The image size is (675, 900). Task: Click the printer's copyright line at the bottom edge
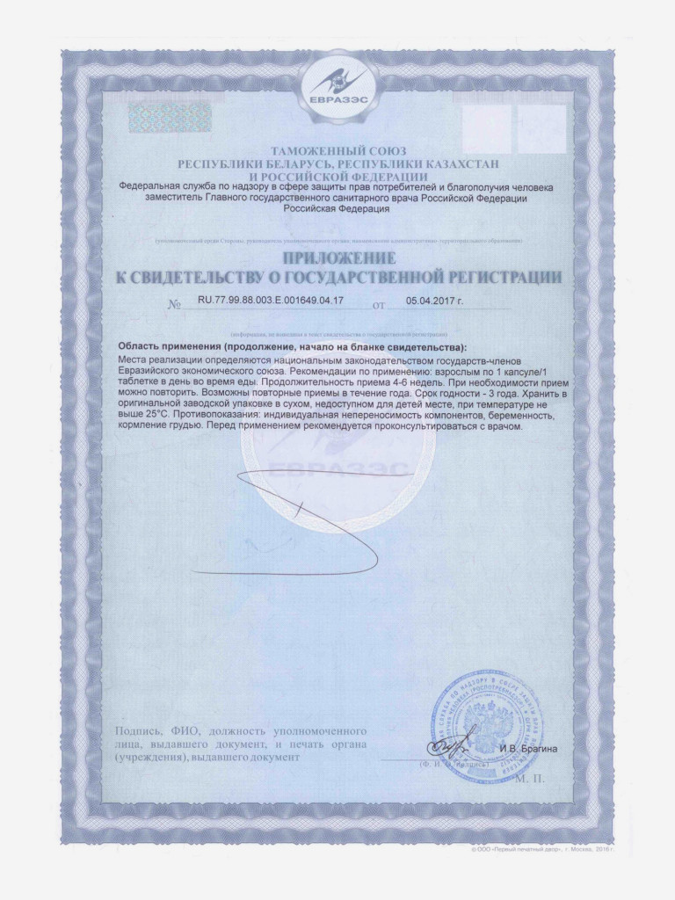coord(540,852)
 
